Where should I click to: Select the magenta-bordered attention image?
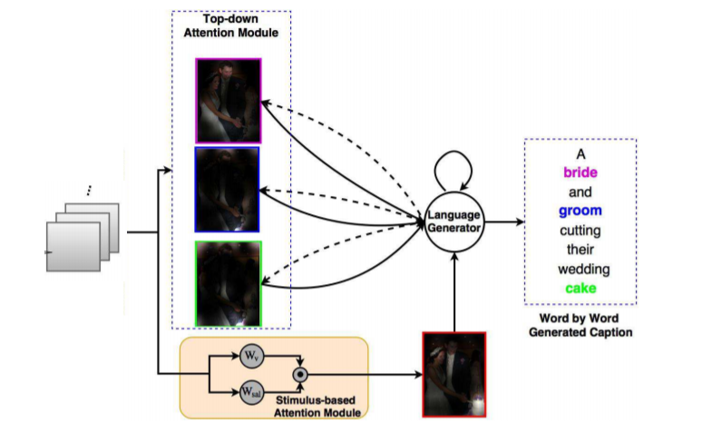(228, 101)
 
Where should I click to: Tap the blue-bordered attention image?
(227, 190)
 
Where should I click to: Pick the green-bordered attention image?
(228, 282)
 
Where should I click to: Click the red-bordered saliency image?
(453, 374)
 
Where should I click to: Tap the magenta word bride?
(580, 172)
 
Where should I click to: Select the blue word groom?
(580, 211)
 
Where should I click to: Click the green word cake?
(580, 288)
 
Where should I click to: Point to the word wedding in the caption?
(580, 269)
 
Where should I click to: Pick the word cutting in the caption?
(580, 230)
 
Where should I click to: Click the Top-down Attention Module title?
(230, 26)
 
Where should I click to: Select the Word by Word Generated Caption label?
(580, 326)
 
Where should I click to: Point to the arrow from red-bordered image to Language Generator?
(453, 290)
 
